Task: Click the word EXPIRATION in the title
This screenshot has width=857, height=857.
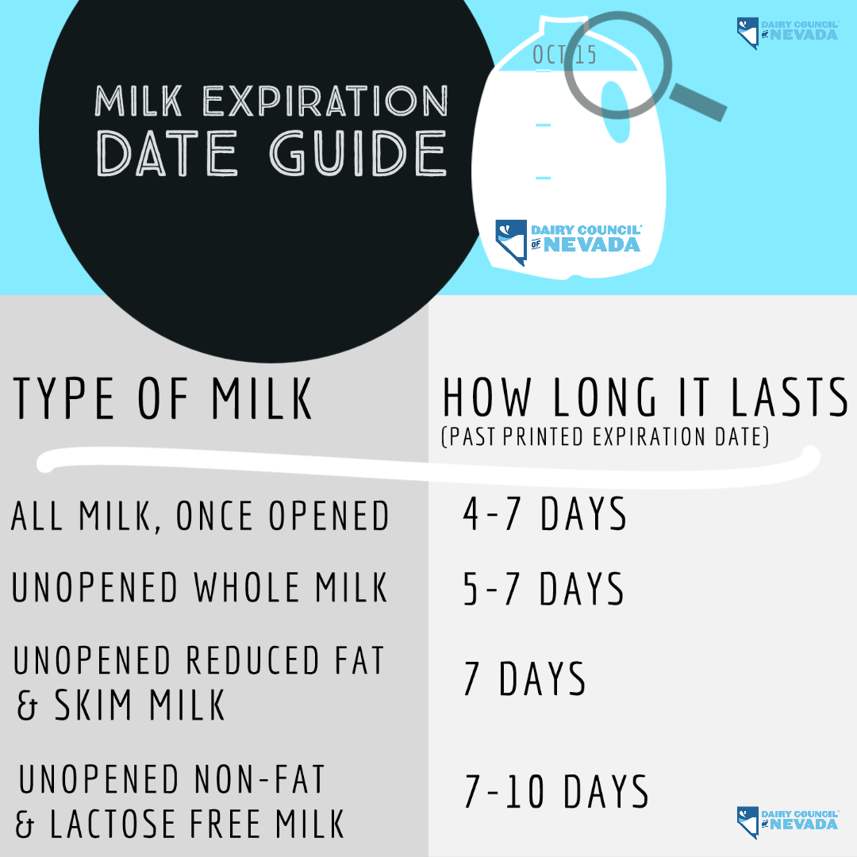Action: [x=326, y=101]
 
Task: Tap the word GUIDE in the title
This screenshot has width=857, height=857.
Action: [x=358, y=153]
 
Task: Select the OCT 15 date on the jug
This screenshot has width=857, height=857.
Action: [x=564, y=55]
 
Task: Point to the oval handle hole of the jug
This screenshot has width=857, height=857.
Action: [x=617, y=112]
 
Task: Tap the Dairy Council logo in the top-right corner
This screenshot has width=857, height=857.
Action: [x=787, y=32]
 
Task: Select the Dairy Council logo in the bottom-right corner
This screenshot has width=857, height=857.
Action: [x=787, y=821]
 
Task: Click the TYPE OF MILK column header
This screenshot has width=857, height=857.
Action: [x=163, y=398]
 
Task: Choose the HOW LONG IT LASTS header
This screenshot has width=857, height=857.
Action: [x=645, y=397]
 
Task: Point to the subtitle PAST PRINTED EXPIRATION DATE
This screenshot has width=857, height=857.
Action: [x=605, y=436]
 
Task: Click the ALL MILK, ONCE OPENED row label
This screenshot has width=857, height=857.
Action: [x=200, y=516]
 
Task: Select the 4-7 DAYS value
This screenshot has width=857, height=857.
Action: [x=545, y=513]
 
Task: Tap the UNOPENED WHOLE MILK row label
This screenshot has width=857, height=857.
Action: [x=199, y=587]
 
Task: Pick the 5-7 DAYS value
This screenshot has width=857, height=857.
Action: [x=544, y=589]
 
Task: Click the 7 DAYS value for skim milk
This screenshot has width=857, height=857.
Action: [x=525, y=678]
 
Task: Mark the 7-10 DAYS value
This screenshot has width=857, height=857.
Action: [x=556, y=791]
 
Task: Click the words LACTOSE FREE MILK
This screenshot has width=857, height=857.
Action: [x=197, y=824]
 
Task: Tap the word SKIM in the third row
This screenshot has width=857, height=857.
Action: [x=93, y=705]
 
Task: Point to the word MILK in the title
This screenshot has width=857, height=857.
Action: [x=138, y=101]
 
